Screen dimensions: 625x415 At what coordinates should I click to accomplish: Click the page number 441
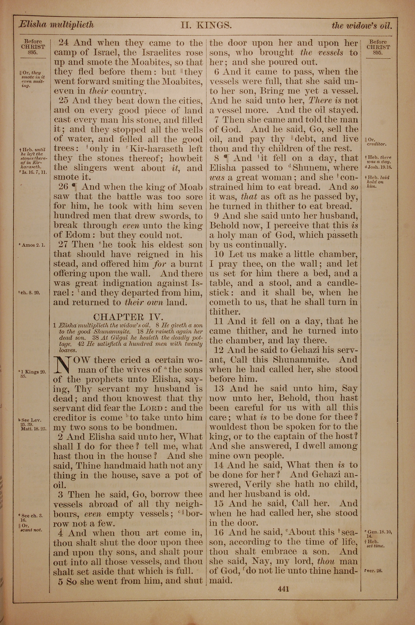[283, 589]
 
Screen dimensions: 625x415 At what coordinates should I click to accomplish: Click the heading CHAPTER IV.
[129, 317]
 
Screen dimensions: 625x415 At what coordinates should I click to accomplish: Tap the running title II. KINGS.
[206, 25]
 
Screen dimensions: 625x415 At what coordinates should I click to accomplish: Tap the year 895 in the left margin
[33, 52]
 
